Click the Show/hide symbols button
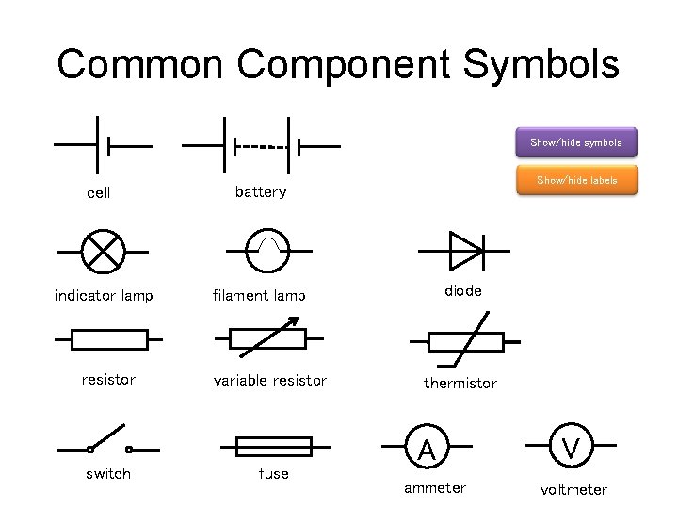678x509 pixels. point(576,142)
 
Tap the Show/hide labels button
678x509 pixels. point(576,180)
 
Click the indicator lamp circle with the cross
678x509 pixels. point(103,252)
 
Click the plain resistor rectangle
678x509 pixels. point(109,338)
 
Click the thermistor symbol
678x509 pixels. point(466,340)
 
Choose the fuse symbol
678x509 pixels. point(273,445)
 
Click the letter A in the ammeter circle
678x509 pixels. point(427,452)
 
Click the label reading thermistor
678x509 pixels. point(460,383)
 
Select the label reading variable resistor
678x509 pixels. point(270,381)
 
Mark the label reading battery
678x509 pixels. point(260,192)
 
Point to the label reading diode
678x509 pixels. point(462,291)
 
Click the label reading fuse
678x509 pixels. point(273,473)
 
